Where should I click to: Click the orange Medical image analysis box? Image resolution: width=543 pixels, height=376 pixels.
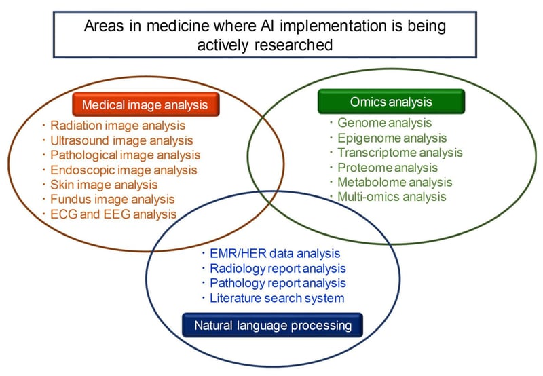[146, 105]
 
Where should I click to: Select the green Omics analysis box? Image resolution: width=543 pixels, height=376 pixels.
[392, 101]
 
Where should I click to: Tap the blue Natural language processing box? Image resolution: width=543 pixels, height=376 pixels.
[273, 325]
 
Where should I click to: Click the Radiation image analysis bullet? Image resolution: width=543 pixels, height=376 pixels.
[117, 126]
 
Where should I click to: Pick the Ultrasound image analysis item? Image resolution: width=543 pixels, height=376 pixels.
[121, 140]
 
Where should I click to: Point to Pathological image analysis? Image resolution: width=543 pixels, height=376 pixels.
[126, 155]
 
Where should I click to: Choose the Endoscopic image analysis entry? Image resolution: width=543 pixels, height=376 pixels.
[124, 170]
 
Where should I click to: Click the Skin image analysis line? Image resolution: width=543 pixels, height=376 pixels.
[104, 185]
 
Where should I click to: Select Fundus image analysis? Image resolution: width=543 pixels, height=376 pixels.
[113, 199]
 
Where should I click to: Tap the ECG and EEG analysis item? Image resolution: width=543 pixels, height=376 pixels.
[113, 214]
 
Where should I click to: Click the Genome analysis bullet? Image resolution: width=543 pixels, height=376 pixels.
[384, 123]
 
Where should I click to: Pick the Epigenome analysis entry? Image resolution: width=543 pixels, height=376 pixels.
[392, 138]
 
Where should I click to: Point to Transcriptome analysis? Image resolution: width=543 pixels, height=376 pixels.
[400, 153]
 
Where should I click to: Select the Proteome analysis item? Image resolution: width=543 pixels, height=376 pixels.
[388, 168]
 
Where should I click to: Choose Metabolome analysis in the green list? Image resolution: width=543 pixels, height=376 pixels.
[395, 182]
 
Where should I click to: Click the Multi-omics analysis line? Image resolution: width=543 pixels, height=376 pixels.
[392, 197]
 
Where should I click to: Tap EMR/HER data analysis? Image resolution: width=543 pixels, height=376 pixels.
[275, 253]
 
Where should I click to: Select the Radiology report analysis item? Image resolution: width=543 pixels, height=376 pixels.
[278, 268]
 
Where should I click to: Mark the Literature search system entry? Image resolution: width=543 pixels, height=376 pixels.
[277, 298]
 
